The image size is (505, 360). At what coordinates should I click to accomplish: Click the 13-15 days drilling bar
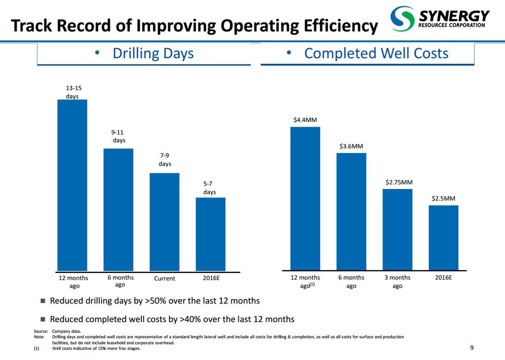tap(72, 185)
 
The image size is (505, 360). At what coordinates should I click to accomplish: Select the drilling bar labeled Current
tap(164, 222)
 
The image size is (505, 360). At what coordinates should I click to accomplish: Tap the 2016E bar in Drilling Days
tap(211, 234)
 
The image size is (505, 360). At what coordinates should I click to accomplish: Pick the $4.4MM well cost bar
tap(305, 198)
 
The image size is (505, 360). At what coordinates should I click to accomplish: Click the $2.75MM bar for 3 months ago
tap(397, 229)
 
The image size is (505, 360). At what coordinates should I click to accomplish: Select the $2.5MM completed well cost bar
tap(444, 238)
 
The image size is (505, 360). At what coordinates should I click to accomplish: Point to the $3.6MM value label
tap(351, 146)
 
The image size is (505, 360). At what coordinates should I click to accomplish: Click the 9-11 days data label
tap(119, 136)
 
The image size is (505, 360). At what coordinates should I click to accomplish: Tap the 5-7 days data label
tap(210, 188)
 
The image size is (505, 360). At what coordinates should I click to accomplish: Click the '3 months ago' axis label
tap(397, 281)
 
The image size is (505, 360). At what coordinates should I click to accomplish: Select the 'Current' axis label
tap(164, 279)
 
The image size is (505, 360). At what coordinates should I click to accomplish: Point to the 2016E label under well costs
tap(444, 278)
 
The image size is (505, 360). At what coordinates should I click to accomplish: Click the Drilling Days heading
tap(153, 54)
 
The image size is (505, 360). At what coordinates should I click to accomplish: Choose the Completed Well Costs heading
tap(376, 54)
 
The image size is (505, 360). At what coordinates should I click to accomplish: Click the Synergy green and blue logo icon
tap(402, 19)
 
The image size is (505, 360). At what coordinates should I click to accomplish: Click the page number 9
tap(471, 348)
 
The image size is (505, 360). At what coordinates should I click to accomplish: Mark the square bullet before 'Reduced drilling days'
tap(43, 301)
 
